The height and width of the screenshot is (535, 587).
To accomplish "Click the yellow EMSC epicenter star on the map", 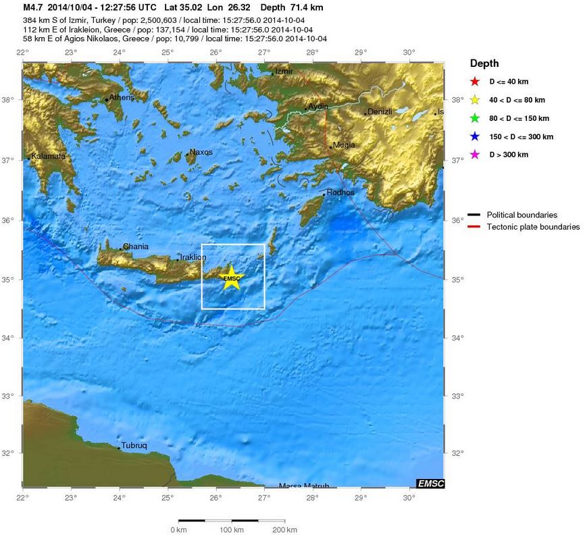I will pyautogui.click(x=232, y=278).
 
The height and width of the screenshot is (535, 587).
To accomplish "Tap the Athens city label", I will pyautogui.click(x=122, y=97).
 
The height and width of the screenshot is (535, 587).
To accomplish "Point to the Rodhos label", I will pyautogui.click(x=340, y=193).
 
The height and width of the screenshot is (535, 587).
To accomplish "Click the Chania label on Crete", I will pyautogui.click(x=136, y=247).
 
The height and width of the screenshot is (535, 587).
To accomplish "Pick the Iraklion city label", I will pyautogui.click(x=193, y=257).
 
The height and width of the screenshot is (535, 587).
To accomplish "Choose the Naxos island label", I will pyautogui.click(x=201, y=152).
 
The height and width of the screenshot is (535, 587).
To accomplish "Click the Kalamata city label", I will pyautogui.click(x=48, y=156).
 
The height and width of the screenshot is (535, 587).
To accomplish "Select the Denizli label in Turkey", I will pyautogui.click(x=380, y=111).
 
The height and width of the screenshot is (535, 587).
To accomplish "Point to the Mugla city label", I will pyautogui.click(x=344, y=145).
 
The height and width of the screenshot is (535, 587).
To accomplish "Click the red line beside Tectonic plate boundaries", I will pyautogui.click(x=474, y=227).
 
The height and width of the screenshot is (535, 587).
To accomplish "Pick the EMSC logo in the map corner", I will pyautogui.click(x=430, y=483).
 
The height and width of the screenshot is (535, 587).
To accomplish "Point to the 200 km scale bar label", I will pyautogui.click(x=283, y=530).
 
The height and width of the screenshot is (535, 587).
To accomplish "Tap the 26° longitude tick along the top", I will pyautogui.click(x=215, y=53).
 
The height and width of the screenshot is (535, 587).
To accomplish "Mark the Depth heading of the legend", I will pyautogui.click(x=484, y=63).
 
